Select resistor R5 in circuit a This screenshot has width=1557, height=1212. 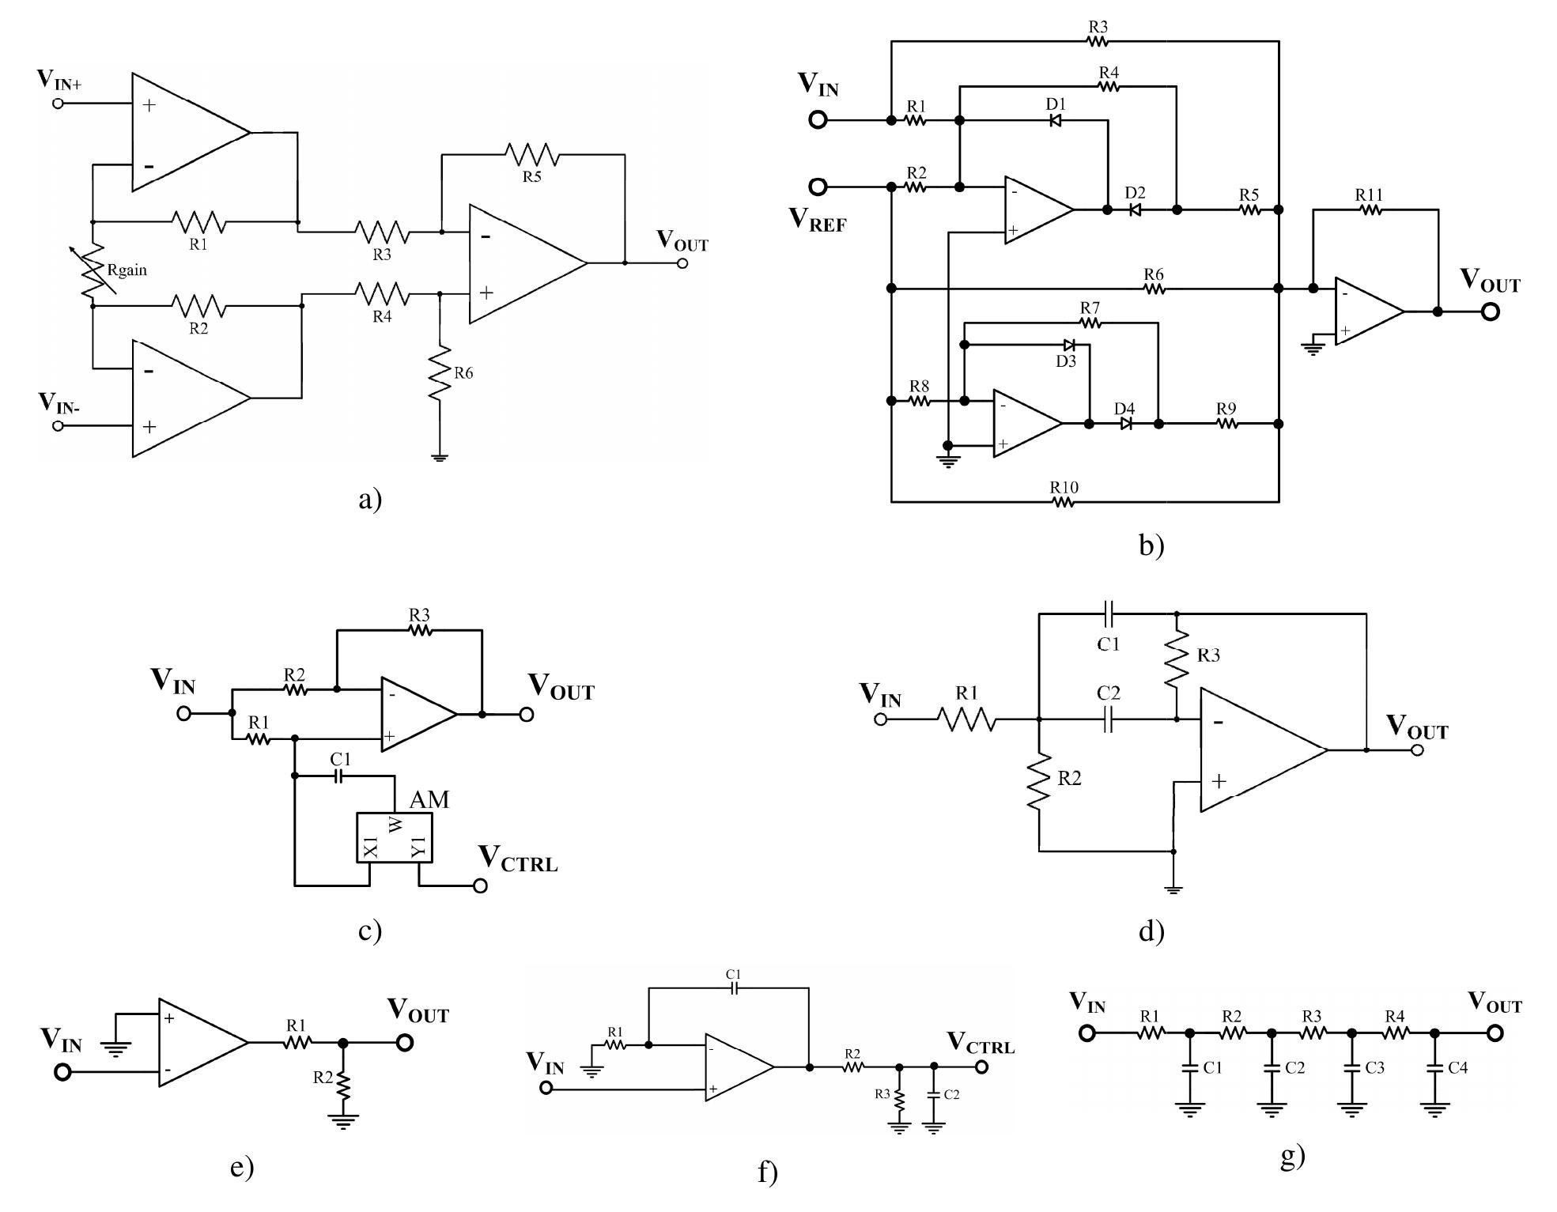click(531, 155)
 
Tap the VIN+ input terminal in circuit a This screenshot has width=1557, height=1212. click(58, 104)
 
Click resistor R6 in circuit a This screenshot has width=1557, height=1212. click(440, 372)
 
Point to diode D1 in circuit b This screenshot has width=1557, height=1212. click(1055, 120)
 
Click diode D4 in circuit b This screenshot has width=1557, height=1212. click(1126, 424)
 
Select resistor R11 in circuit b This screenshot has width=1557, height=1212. click(1370, 210)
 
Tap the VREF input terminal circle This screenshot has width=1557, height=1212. click(818, 187)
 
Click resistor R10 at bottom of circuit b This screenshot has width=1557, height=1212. click(1064, 501)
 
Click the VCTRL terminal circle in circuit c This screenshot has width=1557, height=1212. click(480, 885)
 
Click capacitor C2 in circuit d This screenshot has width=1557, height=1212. click(1108, 719)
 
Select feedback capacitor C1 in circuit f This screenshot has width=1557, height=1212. click(734, 988)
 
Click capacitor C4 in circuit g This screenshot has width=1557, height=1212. click(1434, 1067)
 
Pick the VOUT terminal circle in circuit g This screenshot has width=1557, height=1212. click(1495, 1033)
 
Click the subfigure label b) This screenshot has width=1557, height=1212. click(1151, 545)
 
